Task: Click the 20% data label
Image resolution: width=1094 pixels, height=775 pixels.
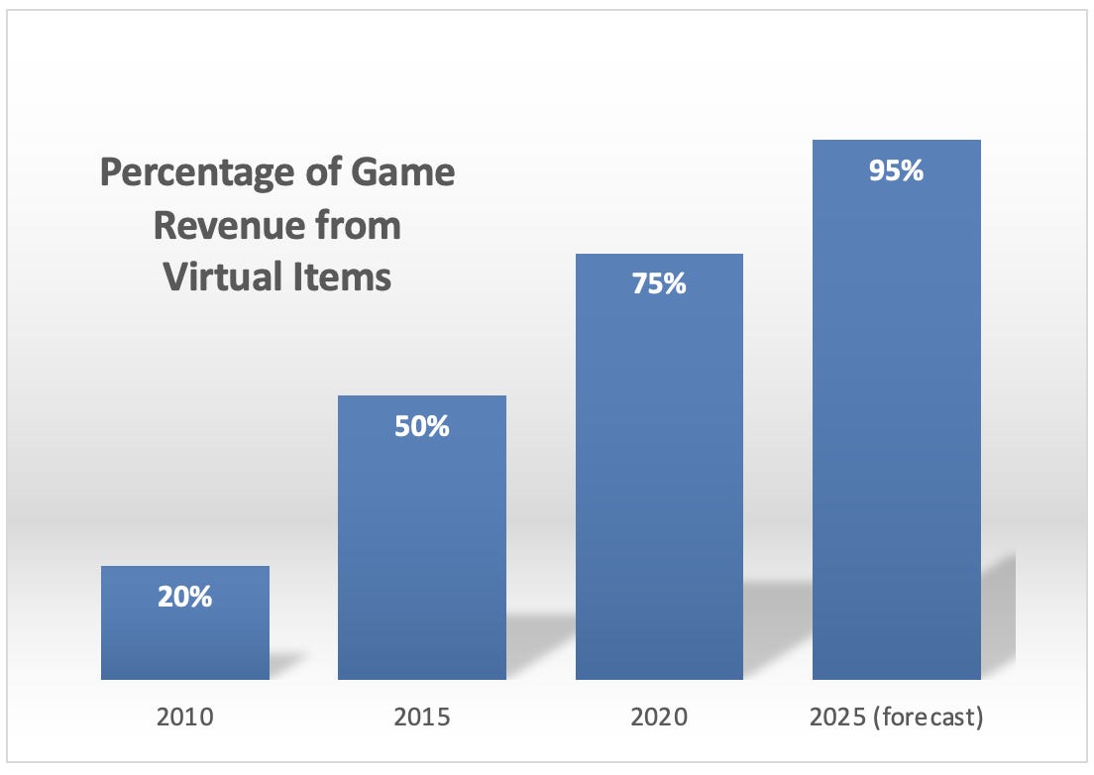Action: tap(185, 598)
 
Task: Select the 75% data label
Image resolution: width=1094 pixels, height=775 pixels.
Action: tap(659, 283)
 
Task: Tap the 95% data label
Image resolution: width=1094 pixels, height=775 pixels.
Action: tap(896, 170)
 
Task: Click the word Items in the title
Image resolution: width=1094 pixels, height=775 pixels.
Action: tap(342, 277)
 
